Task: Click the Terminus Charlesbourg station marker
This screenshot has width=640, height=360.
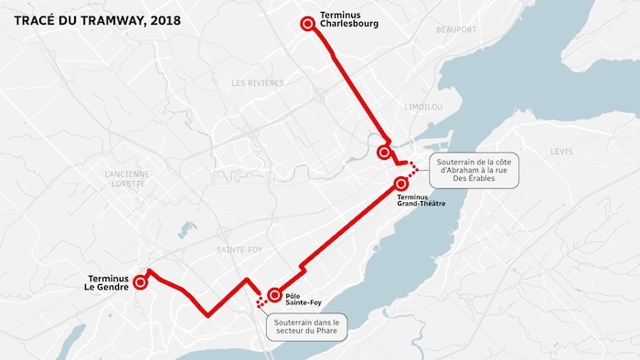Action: click(x=308, y=25)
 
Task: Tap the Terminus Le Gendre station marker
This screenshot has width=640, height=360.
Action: click(x=140, y=283)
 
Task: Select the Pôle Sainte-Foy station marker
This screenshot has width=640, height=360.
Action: click(x=273, y=295)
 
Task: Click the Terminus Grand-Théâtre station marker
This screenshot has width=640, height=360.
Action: click(x=401, y=184)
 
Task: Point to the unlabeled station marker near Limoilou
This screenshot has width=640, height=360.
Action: click(x=384, y=153)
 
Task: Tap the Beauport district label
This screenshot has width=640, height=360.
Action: click(x=456, y=29)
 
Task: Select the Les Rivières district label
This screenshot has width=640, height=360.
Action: click(x=258, y=82)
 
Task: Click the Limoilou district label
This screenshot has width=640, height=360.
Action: click(x=422, y=106)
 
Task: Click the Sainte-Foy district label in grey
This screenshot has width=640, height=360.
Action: click(x=238, y=249)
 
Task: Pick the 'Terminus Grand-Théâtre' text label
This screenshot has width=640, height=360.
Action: click(x=421, y=200)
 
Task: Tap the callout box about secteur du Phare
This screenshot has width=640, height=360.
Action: click(x=304, y=326)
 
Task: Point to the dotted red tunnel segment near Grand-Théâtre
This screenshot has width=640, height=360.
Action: click(x=412, y=169)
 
